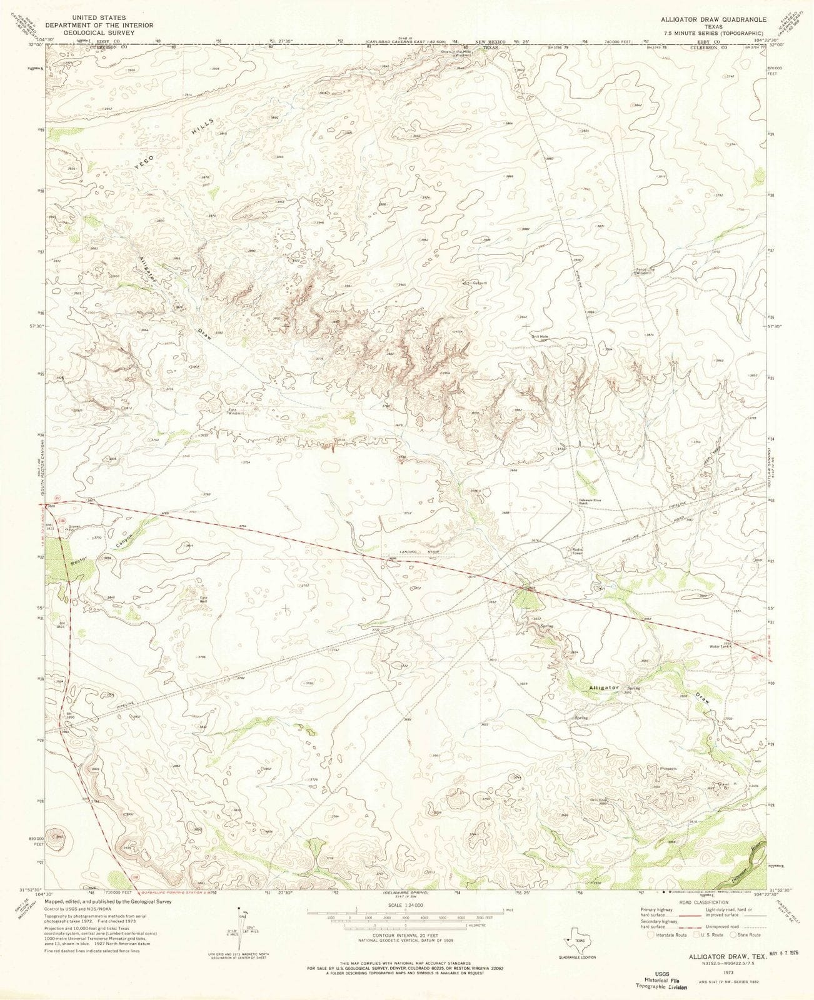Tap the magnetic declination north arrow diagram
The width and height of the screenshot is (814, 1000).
click(x=239, y=933)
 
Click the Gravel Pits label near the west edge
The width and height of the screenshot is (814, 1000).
click(x=75, y=527)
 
